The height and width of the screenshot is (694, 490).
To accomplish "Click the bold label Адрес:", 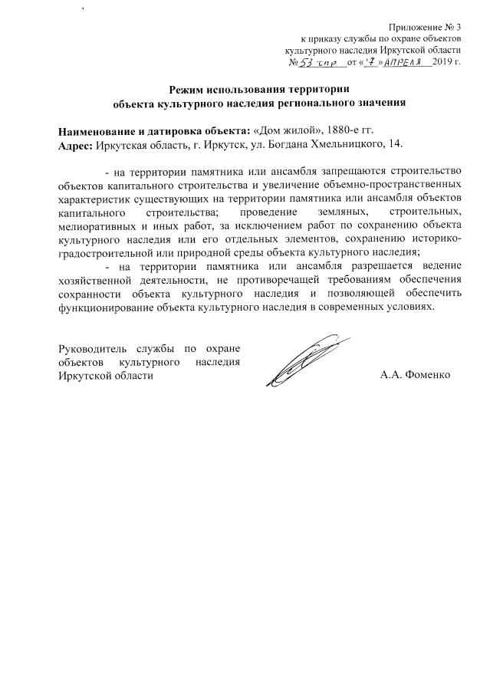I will pos(75,143).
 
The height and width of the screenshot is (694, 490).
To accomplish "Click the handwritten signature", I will pos(304,360).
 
